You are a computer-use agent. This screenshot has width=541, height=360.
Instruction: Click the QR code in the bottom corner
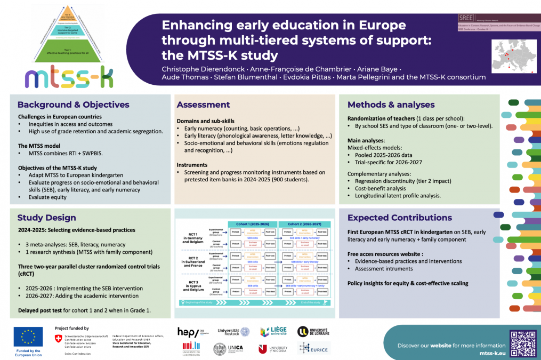point(522,343)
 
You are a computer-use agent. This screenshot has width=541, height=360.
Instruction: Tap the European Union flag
point(28,337)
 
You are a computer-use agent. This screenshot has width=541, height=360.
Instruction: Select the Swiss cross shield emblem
point(58,338)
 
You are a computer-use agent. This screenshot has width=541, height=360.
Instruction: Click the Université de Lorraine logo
point(313,332)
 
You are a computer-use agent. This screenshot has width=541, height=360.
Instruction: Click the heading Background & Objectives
point(73,105)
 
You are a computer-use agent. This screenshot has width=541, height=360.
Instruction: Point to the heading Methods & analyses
point(391,105)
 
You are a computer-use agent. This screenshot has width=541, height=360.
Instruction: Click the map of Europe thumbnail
point(514,55)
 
